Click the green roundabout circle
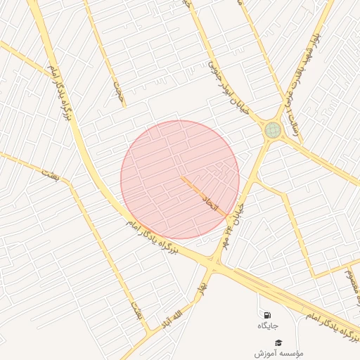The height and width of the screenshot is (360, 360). point(272,129)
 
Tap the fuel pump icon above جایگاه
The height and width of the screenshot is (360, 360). point(267,315)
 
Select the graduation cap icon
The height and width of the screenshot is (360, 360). point(278,342)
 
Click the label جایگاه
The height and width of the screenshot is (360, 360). point(267,326)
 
